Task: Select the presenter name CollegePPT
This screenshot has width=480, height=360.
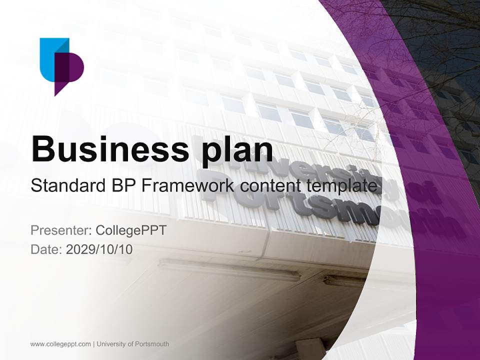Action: (130, 230)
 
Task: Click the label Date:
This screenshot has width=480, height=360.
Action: (46, 249)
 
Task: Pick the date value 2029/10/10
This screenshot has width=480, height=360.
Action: (99, 249)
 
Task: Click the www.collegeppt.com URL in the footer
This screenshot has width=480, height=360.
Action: (60, 344)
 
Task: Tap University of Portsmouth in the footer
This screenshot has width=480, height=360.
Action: (133, 344)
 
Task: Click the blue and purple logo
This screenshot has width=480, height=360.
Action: (61, 65)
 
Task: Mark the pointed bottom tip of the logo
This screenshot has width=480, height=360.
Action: (55, 93)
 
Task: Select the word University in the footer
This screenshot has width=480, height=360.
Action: (111, 344)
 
